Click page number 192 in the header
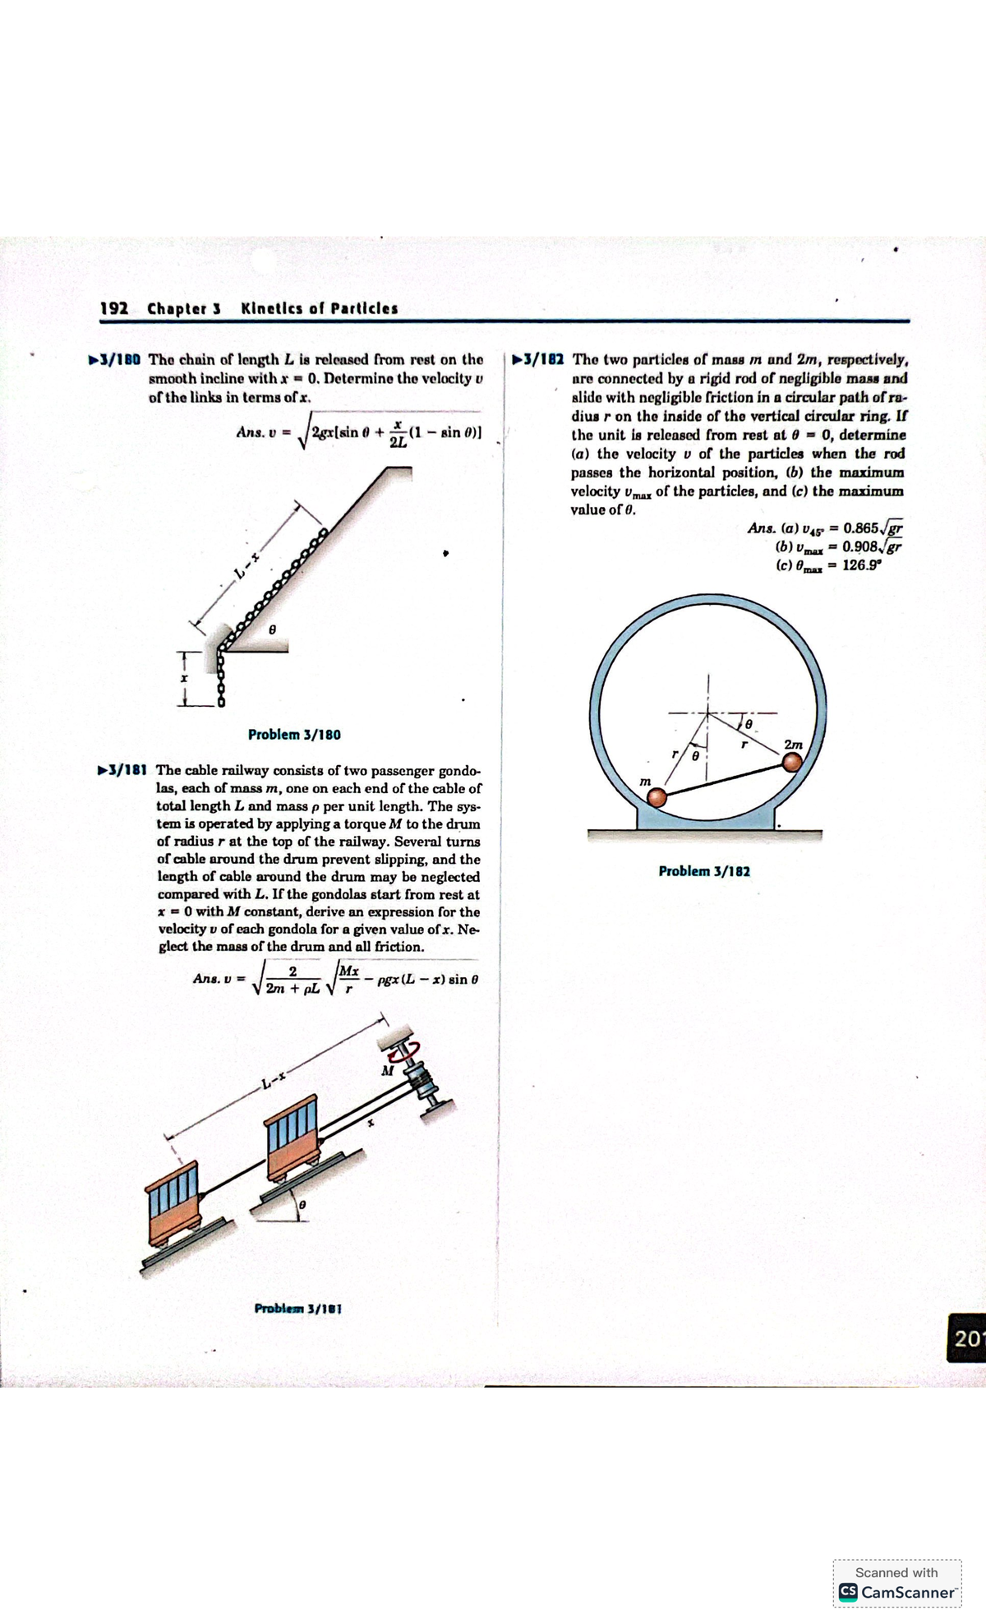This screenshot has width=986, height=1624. pyautogui.click(x=113, y=309)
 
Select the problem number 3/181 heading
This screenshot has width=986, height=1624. pyautogui.click(x=122, y=771)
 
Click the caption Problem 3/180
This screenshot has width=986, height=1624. pyautogui.click(x=294, y=735)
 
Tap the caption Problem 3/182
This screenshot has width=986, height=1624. pyautogui.click(x=704, y=871)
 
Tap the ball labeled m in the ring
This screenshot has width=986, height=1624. pyautogui.click(x=657, y=797)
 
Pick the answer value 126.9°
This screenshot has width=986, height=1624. pyautogui.click(x=860, y=565)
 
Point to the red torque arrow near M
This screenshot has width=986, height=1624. pyautogui.click(x=406, y=1051)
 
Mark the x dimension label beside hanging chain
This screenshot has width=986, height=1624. pyautogui.click(x=185, y=680)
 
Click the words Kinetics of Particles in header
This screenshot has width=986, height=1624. pyautogui.click(x=320, y=309)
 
